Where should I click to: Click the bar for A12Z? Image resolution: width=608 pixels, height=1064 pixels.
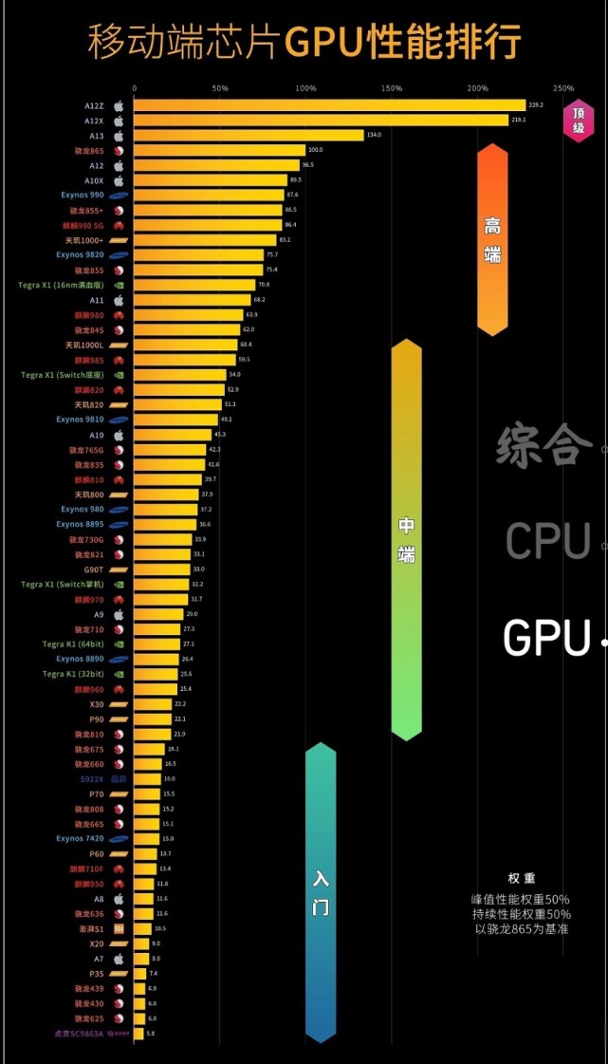tap(328, 105)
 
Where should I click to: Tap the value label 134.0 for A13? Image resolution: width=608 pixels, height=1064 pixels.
tap(374, 136)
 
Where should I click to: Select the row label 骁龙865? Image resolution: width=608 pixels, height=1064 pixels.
tap(89, 150)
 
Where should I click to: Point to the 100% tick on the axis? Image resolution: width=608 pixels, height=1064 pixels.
tap(305, 88)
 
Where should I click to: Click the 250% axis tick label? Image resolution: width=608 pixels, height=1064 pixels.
tap(563, 88)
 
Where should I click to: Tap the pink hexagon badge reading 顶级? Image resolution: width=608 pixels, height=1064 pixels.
tap(578, 120)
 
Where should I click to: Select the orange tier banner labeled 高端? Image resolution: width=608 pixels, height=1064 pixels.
tap(492, 239)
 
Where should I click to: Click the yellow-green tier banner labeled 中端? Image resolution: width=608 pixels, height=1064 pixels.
tap(406, 539)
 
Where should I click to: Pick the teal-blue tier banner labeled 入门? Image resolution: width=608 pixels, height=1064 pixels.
tap(321, 892)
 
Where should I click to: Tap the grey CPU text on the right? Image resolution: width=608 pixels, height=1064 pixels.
tap(547, 541)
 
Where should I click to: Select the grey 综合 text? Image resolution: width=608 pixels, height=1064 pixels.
tap(539, 444)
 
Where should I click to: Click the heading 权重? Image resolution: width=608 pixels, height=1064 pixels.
tap(521, 879)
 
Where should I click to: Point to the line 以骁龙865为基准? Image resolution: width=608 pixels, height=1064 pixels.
tap(521, 928)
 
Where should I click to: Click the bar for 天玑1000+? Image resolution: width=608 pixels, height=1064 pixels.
tap(204, 240)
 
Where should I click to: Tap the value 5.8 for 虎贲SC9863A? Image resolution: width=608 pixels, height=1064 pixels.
tap(150, 1034)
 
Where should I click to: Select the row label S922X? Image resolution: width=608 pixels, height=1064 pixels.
tap(93, 779)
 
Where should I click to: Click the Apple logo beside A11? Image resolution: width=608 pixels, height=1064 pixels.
tap(119, 300)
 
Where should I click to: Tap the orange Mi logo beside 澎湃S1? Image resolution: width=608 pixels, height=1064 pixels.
tap(119, 928)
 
